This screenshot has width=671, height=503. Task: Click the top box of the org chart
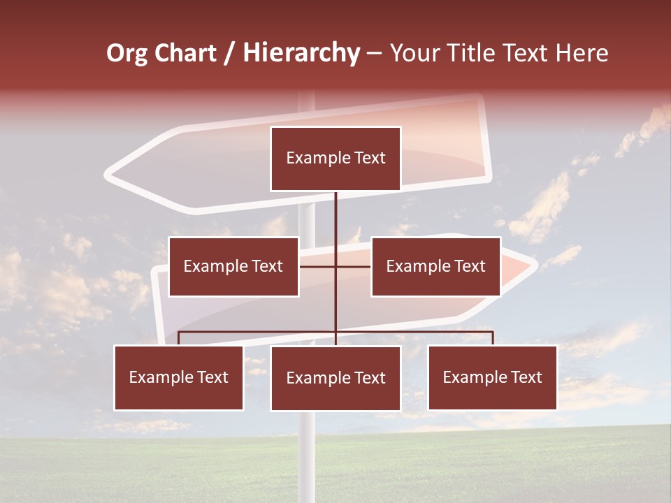point(335,159)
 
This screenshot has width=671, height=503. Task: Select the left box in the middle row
point(233,266)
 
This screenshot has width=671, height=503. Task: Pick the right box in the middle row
point(435,266)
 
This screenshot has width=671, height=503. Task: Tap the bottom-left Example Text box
point(179,378)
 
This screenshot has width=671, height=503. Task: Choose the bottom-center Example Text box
point(335,379)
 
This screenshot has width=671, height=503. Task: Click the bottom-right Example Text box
point(493,378)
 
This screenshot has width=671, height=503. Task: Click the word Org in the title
point(127,53)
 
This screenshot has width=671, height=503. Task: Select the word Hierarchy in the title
point(301,53)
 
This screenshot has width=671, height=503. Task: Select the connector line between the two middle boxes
point(335,266)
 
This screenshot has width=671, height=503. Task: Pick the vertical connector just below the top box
point(335,210)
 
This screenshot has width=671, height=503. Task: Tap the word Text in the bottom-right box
point(526,378)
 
